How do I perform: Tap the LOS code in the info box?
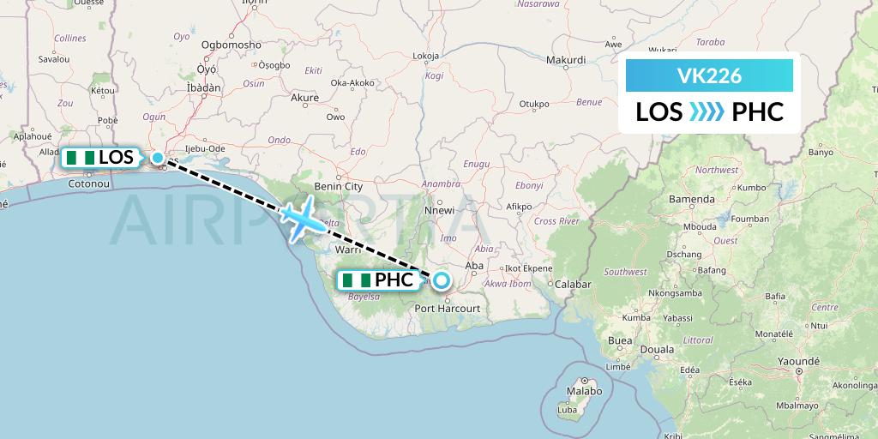tap(659, 112)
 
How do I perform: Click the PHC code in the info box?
tap(758, 112)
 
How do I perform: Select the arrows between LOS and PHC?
tap(707, 112)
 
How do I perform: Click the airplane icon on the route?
tap(301, 220)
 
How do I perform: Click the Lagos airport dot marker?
tap(158, 158)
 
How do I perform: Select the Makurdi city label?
tap(566, 60)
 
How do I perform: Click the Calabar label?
tap(574, 284)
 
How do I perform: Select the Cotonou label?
tap(85, 183)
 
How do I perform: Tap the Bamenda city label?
tap(692, 199)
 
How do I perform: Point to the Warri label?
tap(347, 251)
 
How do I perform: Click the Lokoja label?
tap(426, 57)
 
